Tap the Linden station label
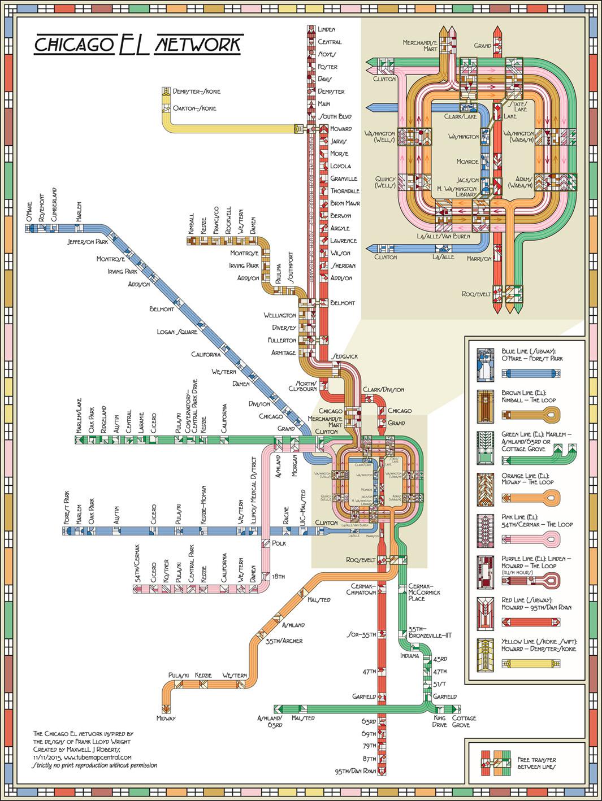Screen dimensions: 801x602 [327, 29]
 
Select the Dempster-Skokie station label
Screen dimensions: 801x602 [197, 92]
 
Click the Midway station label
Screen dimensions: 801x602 [166, 718]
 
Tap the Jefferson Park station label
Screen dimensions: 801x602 [87, 242]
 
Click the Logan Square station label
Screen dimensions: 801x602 [177, 332]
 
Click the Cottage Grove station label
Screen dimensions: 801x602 [464, 721]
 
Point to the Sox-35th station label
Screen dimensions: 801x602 [362, 635]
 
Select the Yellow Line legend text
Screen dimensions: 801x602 [538, 646]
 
